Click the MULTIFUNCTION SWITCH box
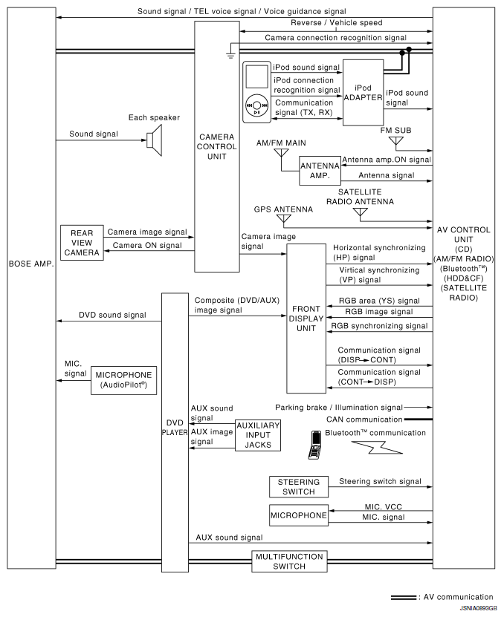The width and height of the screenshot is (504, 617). (288, 561)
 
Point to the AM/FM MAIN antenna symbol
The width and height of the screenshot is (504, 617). (281, 154)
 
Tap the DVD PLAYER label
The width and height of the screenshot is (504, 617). (175, 426)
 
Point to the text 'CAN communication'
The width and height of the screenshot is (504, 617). (365, 420)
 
